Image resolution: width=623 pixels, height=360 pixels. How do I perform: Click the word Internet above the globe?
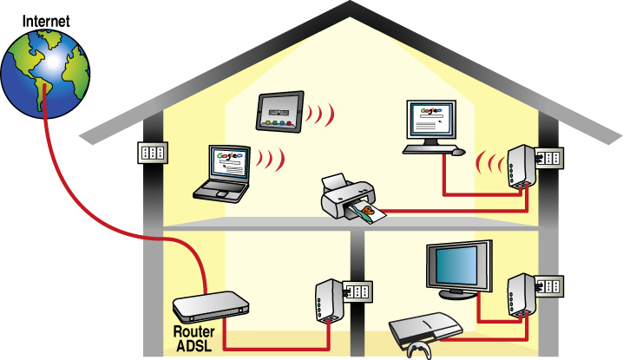(46, 21)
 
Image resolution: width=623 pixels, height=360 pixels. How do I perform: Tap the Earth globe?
(45, 73)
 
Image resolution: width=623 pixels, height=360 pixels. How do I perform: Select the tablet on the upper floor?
(280, 111)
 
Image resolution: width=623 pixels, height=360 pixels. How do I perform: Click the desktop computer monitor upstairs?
(431, 122)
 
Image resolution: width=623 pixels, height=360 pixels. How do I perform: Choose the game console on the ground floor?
(425, 327)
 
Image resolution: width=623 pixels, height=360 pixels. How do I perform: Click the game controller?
(419, 350)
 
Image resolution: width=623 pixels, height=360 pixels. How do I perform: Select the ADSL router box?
(211, 307)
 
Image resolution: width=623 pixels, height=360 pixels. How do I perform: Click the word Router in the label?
(193, 331)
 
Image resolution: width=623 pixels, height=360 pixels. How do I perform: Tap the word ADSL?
(193, 346)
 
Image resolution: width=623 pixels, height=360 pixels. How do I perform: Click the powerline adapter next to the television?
(521, 295)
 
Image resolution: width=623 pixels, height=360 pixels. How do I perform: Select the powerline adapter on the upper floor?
(521, 167)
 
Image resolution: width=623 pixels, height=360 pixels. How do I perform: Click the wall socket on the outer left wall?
(153, 153)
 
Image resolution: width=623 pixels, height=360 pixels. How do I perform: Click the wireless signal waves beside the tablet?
(320, 114)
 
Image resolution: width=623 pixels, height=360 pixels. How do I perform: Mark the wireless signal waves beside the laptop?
(271, 159)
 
